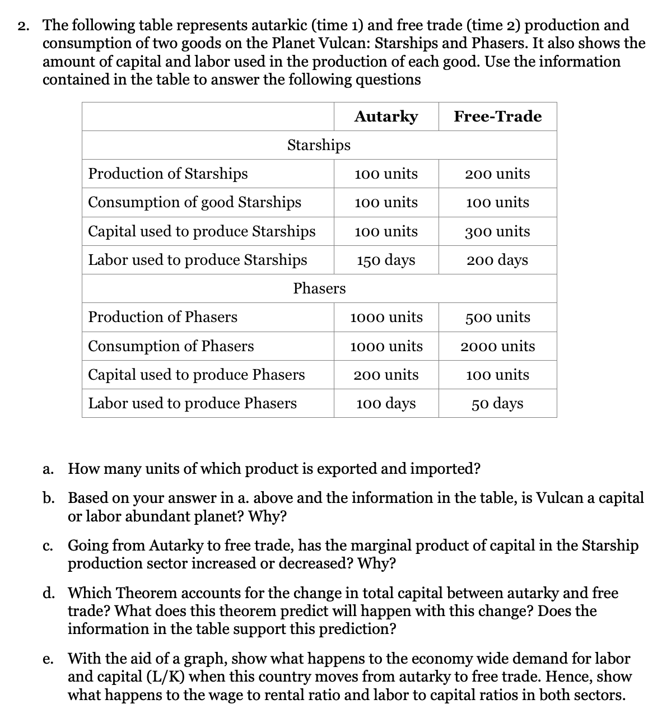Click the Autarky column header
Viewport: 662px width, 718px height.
click(386, 116)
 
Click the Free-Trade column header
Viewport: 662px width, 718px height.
click(497, 116)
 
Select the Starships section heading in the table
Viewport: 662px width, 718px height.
click(319, 145)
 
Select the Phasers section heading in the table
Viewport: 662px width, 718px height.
click(319, 288)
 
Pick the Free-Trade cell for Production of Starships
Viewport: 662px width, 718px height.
click(497, 174)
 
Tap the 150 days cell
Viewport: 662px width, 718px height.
click(386, 260)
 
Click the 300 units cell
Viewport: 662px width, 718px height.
click(497, 231)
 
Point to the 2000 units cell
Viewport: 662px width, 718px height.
click(497, 347)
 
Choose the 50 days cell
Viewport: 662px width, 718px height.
click(497, 404)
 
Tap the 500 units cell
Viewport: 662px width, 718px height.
click(497, 318)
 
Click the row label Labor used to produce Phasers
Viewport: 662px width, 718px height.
click(192, 403)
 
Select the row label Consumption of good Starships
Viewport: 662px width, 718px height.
click(194, 202)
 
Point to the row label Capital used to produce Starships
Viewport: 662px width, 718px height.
click(202, 231)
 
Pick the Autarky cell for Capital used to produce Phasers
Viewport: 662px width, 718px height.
click(386, 375)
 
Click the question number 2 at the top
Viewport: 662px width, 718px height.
click(23, 26)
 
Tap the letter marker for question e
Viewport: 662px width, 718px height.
click(48, 659)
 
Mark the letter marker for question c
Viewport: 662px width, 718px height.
click(48, 546)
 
